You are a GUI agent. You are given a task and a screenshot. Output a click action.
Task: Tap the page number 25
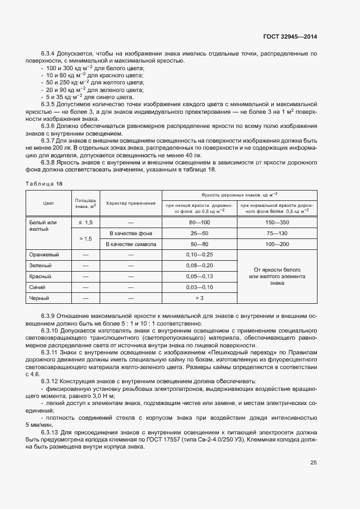point(313,463)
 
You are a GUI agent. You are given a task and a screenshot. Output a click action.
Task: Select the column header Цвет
point(48,203)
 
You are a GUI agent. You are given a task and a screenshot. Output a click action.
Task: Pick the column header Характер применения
point(131,203)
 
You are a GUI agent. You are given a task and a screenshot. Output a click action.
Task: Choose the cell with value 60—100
point(199,222)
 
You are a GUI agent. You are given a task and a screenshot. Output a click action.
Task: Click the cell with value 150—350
point(277,222)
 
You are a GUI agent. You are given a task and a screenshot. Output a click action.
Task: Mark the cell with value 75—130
point(277,233)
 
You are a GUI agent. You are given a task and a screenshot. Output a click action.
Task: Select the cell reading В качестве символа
point(131,244)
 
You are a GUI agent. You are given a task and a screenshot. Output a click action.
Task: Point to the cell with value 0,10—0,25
point(199,254)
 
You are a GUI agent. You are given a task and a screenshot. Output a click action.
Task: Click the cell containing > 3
point(199,298)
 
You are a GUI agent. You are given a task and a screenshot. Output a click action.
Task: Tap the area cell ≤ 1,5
point(86,222)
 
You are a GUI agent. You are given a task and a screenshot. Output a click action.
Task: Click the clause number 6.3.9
point(50,316)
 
